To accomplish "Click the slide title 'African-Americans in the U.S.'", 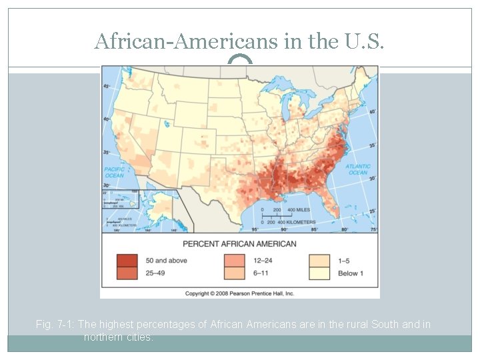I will [x=239, y=41].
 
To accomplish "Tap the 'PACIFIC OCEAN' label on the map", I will [x=114, y=172].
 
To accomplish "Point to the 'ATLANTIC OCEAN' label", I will [x=357, y=169].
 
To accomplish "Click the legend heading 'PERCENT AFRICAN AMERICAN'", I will [x=239, y=243].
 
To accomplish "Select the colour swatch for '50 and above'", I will [x=127, y=260].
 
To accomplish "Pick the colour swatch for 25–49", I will [x=127, y=273].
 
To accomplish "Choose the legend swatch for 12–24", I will [x=233, y=260].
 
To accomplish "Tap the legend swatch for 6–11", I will [x=233, y=273].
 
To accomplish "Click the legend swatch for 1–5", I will [x=319, y=260].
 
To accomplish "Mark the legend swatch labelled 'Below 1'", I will [x=319, y=273].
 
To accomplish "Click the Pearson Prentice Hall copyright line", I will [x=239, y=293].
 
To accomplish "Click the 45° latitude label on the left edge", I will [x=105, y=87].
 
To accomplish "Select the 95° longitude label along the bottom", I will [x=255, y=229].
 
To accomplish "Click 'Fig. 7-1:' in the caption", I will [x=55, y=325].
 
